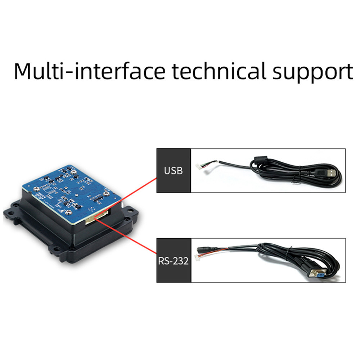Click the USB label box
click(173, 170)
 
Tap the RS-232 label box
click(173, 260)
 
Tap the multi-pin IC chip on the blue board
click(48, 189)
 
